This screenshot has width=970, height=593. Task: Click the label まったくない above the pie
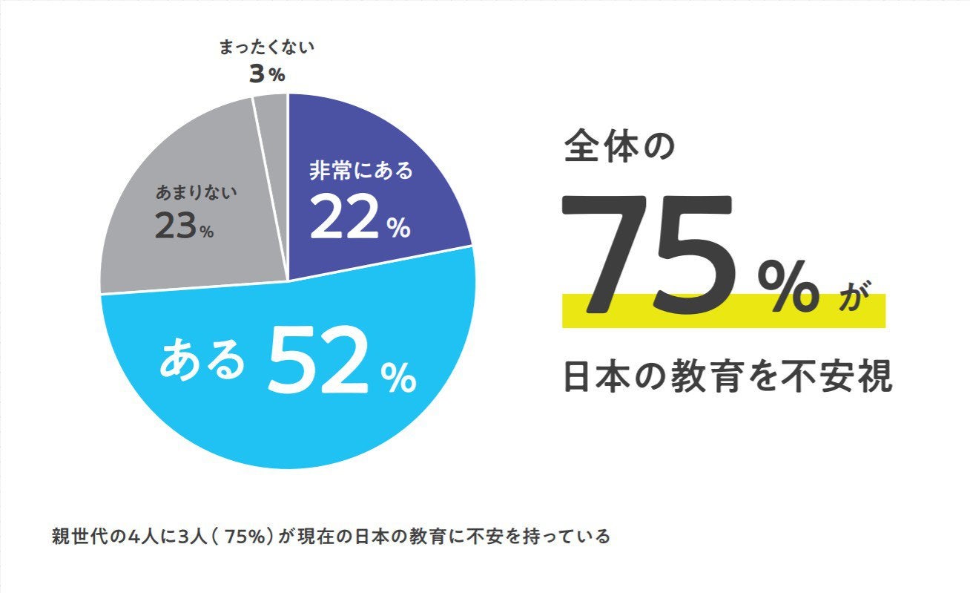pyautogui.click(x=267, y=48)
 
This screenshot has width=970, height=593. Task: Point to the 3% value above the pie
pyautogui.click(x=265, y=74)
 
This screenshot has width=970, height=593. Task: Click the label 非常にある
pyautogui.click(x=360, y=171)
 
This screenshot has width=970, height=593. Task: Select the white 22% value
pyautogui.click(x=360, y=218)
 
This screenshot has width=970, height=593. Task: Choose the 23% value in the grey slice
pyautogui.click(x=184, y=226)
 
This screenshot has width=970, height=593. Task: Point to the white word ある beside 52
pyautogui.click(x=202, y=360)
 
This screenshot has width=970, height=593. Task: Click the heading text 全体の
pyautogui.click(x=619, y=146)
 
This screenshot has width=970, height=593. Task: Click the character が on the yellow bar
pyautogui.click(x=852, y=297)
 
